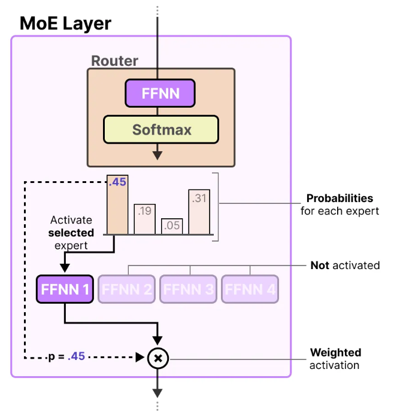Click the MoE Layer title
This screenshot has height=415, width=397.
(65, 24)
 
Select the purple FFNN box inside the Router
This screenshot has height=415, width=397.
(160, 94)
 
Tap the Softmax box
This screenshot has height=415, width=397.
(160, 129)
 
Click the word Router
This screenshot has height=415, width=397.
(114, 61)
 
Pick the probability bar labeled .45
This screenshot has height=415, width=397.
(117, 205)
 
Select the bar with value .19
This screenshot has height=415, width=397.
(144, 218)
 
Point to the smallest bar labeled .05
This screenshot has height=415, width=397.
(172, 226)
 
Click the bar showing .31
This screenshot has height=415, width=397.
(199, 212)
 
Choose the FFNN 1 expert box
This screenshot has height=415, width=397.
(65, 290)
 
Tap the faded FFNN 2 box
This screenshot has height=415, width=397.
(128, 290)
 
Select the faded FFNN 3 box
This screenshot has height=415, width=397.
(189, 290)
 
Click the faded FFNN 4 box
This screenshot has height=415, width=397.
(250, 290)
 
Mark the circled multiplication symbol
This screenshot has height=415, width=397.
(158, 358)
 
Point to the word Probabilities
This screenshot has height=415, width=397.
(340, 199)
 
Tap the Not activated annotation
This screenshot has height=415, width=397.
(345, 265)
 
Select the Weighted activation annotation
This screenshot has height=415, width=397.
(335, 359)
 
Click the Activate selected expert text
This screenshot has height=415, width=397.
(72, 233)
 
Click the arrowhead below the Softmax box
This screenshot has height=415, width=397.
(157, 155)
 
